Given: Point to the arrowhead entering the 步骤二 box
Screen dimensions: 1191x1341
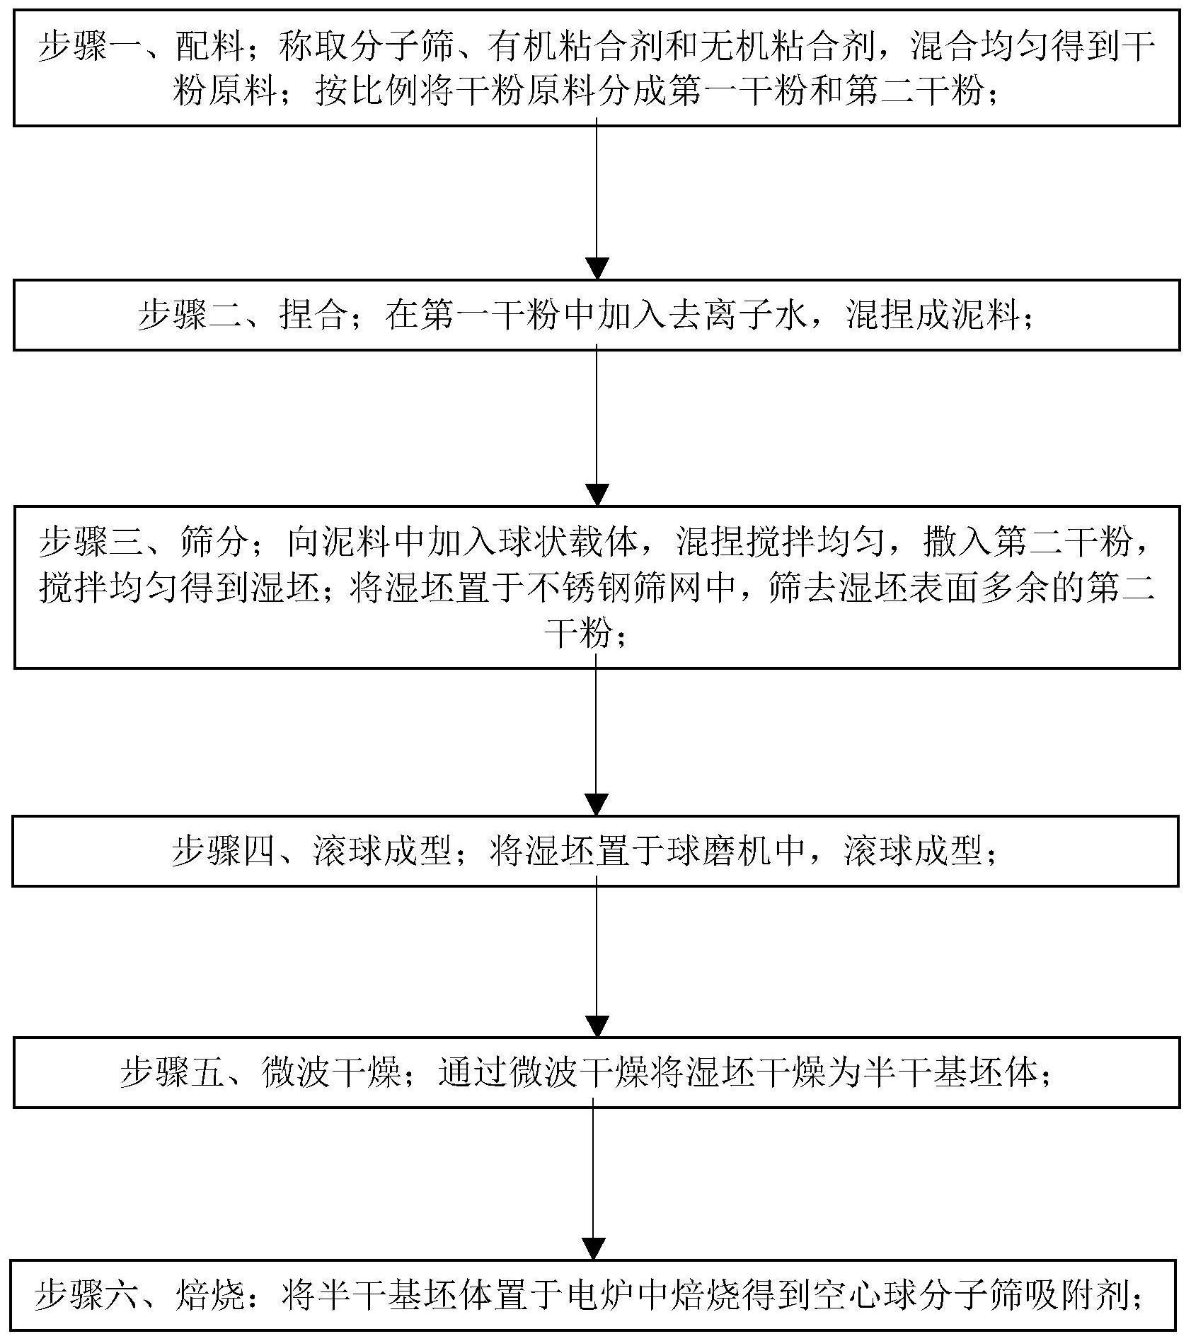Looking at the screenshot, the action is pos(598,268).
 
